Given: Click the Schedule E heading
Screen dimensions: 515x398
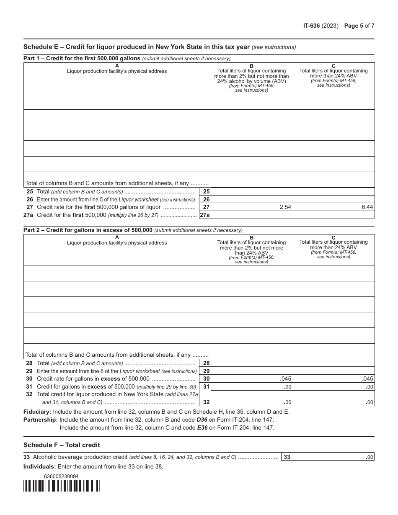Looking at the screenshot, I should tap(136, 47).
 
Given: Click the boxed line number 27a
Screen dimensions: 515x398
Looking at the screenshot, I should tap(204, 215).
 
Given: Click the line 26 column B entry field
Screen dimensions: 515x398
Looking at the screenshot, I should tap(251, 199).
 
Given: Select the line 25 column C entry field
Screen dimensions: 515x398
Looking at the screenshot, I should tap(333, 191).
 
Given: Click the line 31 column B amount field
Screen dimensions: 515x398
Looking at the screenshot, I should tap(251, 386).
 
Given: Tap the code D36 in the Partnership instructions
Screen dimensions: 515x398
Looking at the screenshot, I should tap(202, 420).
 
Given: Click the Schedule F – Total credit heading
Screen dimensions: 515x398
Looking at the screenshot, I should tap(62, 445).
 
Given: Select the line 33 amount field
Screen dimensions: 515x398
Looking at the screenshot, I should tap(333, 457).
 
